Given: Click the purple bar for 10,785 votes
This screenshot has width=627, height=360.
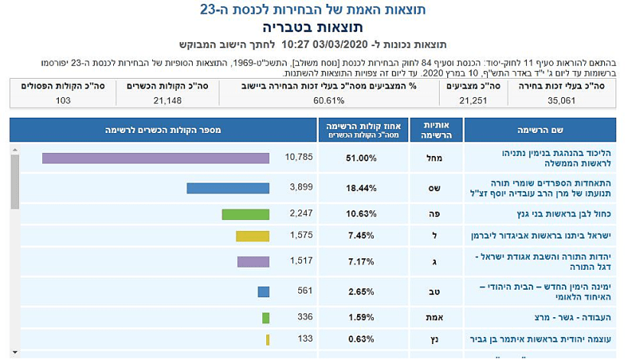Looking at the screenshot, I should (x=155, y=158).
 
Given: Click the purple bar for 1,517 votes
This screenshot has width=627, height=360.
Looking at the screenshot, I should (x=253, y=262).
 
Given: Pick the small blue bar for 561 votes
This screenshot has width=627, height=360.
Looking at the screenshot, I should (x=264, y=291).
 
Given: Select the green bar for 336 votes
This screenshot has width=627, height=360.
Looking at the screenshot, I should (x=266, y=317).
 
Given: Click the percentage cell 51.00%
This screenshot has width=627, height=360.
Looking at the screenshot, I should (x=361, y=158).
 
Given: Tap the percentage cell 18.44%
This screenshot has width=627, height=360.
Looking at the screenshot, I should (x=361, y=188).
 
